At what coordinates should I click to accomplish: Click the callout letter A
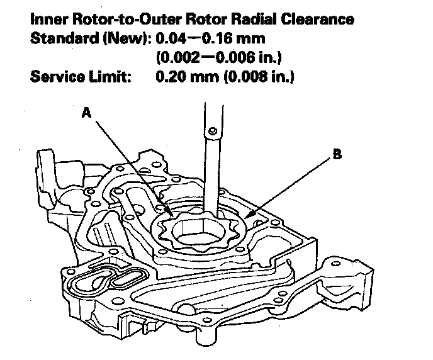click(86, 113)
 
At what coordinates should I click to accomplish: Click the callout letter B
click(337, 154)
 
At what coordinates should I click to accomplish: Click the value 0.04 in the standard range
click(171, 38)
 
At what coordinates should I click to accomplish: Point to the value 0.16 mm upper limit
click(233, 38)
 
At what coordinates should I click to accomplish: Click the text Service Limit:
click(81, 77)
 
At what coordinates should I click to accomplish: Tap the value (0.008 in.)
click(259, 77)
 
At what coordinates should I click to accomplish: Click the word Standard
click(64, 38)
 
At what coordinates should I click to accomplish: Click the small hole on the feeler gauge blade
click(212, 130)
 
